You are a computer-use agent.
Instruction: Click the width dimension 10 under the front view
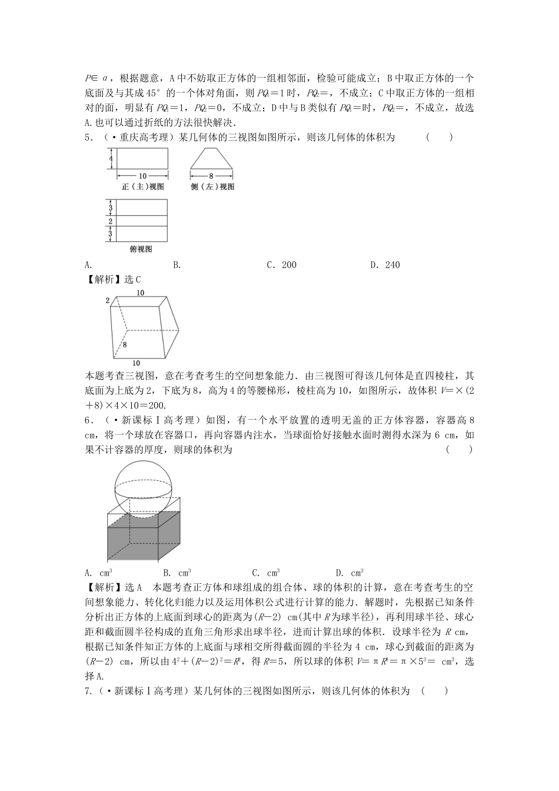click(142, 175)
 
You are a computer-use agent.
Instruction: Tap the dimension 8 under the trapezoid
click(211, 175)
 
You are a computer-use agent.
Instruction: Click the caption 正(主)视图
click(142, 187)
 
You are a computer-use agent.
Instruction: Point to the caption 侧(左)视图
click(212, 187)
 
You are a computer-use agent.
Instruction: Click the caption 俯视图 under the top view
click(141, 249)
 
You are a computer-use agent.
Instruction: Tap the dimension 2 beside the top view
click(110, 221)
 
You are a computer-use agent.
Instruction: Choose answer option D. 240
click(385, 265)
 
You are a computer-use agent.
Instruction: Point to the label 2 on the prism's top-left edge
click(108, 301)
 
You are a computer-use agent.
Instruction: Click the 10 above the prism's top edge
click(140, 293)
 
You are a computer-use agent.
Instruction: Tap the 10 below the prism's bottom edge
click(137, 363)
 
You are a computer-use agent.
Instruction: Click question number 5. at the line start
click(89, 138)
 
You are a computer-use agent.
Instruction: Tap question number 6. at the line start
click(89, 420)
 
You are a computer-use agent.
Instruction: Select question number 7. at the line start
click(89, 691)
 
